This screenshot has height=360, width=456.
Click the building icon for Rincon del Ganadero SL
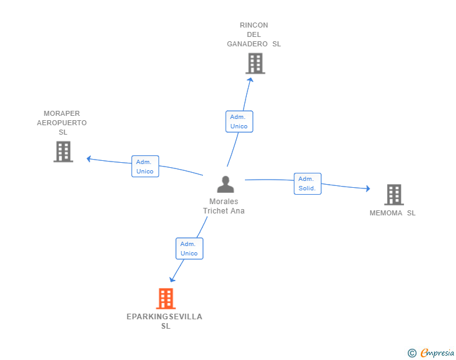click(255, 63)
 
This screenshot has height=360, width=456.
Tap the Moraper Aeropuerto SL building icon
click(63, 152)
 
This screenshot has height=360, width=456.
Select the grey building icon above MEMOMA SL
click(393, 195)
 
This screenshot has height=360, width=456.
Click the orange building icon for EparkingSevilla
click(165, 299)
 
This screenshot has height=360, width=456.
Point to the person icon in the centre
click(225, 185)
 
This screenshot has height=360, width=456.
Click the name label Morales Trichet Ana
click(224, 206)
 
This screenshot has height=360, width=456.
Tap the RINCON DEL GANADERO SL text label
click(254, 34)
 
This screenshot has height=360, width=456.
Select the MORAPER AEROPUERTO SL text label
click(62, 123)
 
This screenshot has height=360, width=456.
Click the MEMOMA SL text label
click(393, 213)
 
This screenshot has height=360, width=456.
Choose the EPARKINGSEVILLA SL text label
click(165, 321)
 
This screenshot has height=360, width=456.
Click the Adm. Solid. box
click(308, 183)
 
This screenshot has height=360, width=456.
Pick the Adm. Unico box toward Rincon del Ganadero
click(239, 121)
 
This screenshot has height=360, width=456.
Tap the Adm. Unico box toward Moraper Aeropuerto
click(145, 167)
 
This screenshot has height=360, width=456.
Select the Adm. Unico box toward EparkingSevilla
click(189, 249)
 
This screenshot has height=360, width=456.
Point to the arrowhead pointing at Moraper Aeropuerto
click(90, 158)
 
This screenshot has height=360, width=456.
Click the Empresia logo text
click(437, 353)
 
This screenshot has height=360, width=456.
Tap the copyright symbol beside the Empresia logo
click(412, 353)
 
